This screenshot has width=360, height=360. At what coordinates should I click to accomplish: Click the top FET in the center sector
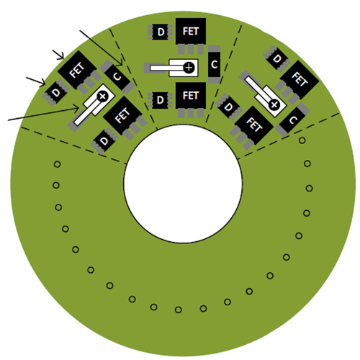pos(191,31)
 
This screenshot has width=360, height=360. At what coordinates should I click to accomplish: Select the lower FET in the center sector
pos(191,96)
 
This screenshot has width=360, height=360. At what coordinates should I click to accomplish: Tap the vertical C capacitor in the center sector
pos(214,64)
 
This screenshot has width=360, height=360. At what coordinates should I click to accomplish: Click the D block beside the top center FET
pos(161,32)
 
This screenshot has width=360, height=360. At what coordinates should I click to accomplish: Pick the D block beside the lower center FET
pos(161,100)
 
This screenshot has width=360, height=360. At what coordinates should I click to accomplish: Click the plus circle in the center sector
pos(189,68)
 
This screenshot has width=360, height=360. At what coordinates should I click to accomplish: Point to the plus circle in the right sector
pos(274,104)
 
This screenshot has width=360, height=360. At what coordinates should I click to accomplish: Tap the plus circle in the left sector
pos(102,96)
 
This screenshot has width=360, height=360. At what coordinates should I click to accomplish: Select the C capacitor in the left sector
pos(117,77)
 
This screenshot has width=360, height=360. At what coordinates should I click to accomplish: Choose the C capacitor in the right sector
pos(292,120)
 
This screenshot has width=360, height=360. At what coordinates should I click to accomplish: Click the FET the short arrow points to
pos(77,70)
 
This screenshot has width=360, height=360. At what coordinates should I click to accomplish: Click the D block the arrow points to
pos(56,92)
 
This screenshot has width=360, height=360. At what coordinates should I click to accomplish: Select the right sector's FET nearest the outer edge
pos(300,80)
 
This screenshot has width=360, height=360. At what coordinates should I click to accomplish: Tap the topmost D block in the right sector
pos(277,58)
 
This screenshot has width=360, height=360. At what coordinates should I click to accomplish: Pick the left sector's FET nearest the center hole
pos(122,116)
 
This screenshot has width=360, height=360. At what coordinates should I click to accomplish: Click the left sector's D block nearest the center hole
pos(104,141)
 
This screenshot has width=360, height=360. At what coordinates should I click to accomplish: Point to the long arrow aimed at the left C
pos(101,48)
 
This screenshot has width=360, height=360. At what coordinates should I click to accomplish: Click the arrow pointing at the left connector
pos(43,114)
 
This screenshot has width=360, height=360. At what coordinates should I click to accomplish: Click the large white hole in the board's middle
pos(183,184)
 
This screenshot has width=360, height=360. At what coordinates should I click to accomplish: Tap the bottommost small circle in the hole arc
pos(178,310)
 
